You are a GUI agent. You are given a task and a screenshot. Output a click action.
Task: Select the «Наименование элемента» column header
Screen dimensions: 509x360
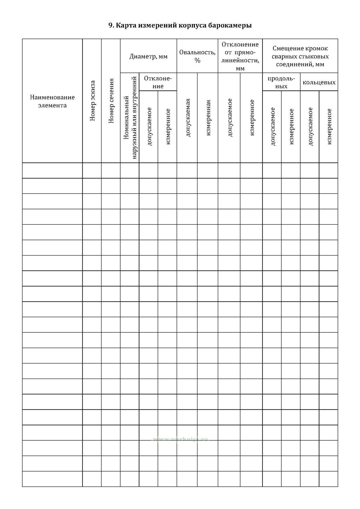[52, 101]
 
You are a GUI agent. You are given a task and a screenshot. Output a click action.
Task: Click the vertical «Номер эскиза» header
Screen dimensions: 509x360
[92, 100]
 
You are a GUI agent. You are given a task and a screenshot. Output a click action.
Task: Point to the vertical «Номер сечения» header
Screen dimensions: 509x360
[111, 100]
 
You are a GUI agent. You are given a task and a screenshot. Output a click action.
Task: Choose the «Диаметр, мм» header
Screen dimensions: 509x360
[148, 56]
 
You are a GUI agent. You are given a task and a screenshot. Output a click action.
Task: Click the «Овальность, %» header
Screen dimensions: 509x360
[197, 56]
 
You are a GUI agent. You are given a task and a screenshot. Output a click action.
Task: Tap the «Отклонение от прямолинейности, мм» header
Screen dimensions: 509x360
[240, 56]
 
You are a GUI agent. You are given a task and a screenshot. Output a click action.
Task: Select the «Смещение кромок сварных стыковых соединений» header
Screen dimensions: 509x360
[300, 56]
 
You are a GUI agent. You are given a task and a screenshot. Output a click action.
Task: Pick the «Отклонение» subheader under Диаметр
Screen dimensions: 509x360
[158, 82]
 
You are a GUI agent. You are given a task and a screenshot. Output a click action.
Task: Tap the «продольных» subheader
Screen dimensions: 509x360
[281, 82]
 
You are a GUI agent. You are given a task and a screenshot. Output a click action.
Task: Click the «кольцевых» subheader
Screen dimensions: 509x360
[319, 82]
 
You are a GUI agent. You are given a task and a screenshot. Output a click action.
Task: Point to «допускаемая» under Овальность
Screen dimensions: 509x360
[187, 118]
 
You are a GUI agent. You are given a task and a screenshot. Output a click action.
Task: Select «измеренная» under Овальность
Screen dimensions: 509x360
[208, 118]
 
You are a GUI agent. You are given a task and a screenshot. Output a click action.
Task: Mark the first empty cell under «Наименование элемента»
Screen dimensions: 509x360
[52, 171]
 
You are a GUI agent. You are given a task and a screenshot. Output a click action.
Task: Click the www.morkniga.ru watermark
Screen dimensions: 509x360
[180, 439]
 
